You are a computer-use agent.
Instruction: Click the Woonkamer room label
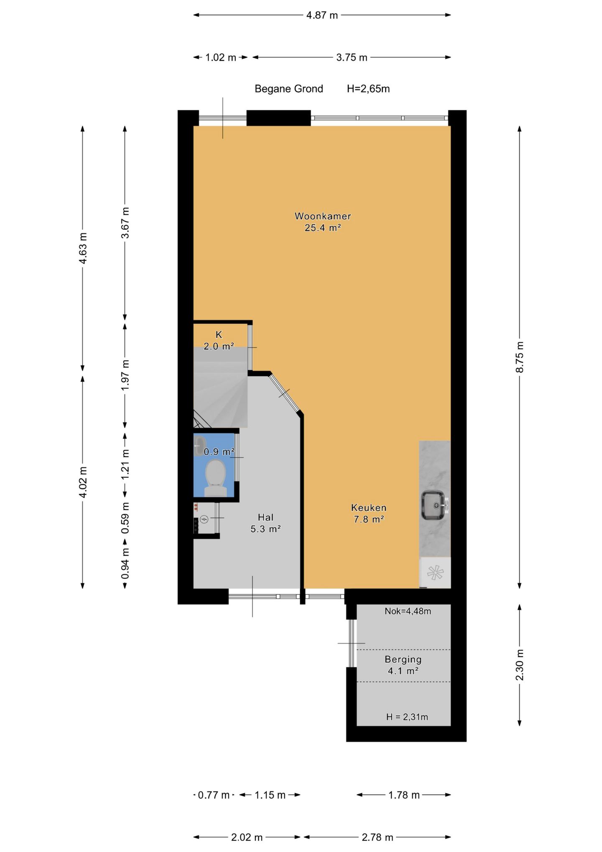(323, 216)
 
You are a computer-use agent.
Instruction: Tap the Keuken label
(369, 508)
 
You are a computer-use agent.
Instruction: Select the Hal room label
(265, 517)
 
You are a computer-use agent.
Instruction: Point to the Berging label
(403, 660)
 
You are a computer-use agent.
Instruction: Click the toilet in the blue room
(216, 478)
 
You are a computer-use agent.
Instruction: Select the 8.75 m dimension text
(520, 357)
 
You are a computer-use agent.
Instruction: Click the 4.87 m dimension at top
(322, 15)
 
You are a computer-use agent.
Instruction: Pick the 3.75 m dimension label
(352, 58)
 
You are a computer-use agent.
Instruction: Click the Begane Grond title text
(289, 89)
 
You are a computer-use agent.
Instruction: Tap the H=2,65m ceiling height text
(368, 89)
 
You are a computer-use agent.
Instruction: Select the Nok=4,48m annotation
(408, 611)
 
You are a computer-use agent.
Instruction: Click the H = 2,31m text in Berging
(407, 717)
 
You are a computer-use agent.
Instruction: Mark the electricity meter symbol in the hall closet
(204, 520)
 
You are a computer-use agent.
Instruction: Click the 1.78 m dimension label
(404, 795)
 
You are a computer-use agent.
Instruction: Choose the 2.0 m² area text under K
(219, 346)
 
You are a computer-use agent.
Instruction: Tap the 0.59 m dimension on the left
(125, 518)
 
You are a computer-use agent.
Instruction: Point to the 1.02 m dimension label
(221, 58)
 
